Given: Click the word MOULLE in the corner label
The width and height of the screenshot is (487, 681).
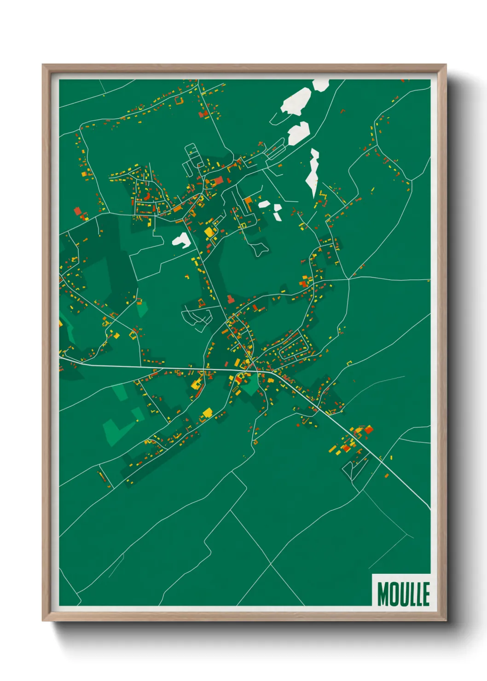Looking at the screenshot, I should pos(403,594).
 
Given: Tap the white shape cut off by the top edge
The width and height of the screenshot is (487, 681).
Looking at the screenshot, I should pos(321,84).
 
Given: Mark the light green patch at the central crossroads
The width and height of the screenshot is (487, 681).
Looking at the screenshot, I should pos(250,386).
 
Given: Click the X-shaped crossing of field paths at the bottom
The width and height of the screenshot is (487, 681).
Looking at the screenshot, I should pos(270,564).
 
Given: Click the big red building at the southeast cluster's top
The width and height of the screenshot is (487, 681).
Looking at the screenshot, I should pos(368,430).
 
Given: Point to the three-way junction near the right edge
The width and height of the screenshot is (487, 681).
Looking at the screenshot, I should pos(349,278).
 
